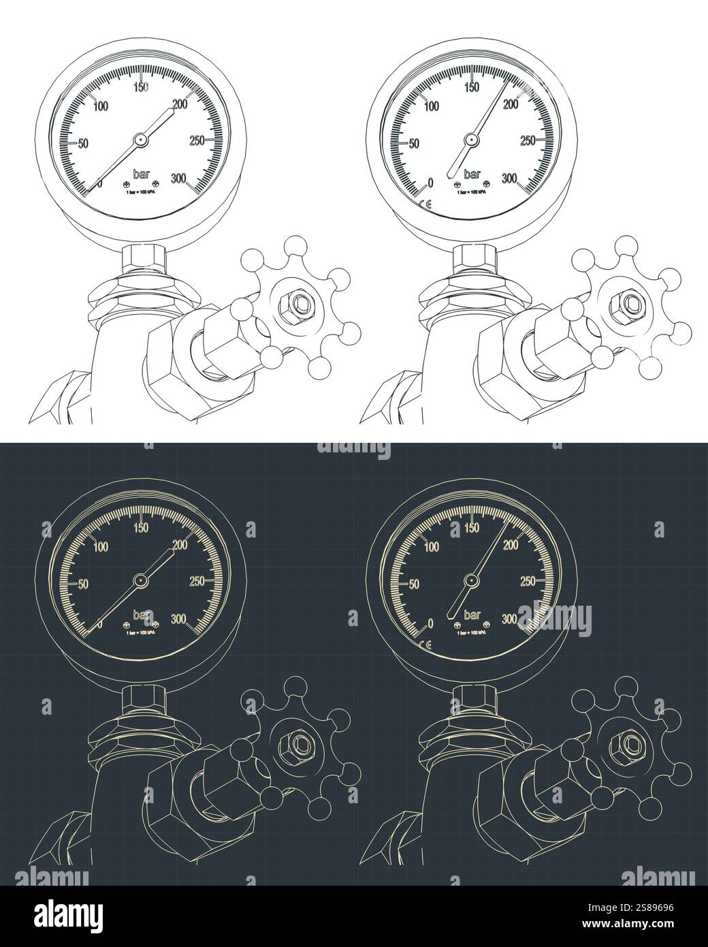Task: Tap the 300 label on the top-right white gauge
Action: click(x=511, y=178)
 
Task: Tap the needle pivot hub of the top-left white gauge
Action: click(x=140, y=140)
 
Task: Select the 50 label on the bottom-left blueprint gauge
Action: click(x=84, y=584)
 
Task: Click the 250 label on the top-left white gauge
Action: click(x=197, y=141)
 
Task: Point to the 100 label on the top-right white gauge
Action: click(x=430, y=106)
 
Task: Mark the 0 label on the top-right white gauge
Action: click(x=430, y=183)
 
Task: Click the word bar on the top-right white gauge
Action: click(x=472, y=174)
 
